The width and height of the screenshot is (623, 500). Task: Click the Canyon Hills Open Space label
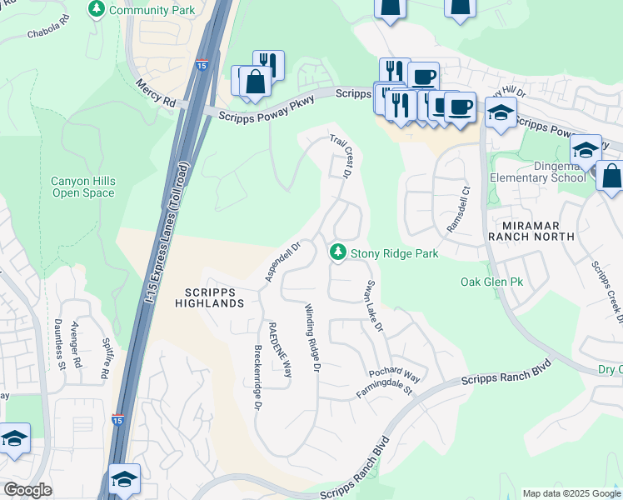[83, 187]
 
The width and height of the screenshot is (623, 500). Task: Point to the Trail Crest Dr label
[339, 156]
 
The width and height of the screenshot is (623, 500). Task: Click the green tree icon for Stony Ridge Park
[337, 252]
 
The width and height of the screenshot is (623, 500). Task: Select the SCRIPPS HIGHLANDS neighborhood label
[209, 297]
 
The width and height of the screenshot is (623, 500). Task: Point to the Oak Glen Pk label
[492, 282]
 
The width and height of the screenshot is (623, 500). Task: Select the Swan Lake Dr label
[372, 307]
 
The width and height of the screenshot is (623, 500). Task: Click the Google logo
[27, 489]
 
